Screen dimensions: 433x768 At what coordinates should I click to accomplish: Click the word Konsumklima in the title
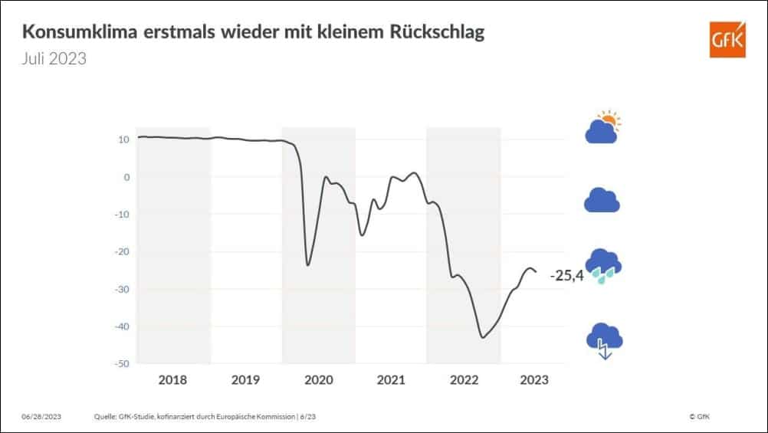click(76, 33)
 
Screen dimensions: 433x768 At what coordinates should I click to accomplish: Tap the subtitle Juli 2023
click(54, 59)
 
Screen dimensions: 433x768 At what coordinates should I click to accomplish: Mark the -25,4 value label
click(566, 275)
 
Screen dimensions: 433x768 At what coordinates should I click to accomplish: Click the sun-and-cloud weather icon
click(602, 128)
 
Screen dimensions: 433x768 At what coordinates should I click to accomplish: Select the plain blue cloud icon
click(602, 200)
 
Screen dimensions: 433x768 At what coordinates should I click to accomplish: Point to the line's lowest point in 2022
click(482, 337)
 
